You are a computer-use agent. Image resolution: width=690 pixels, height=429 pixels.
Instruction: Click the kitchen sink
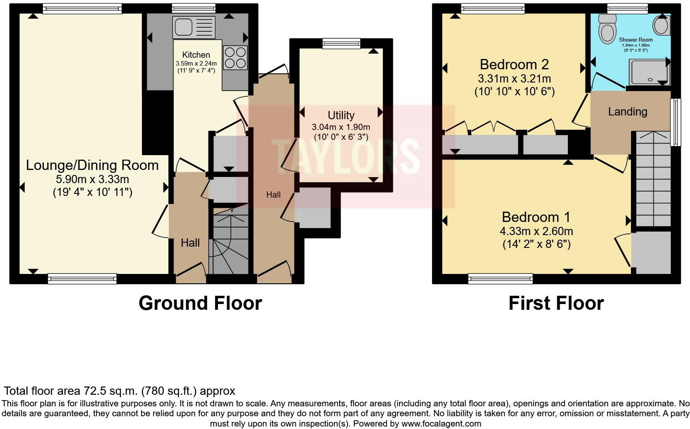coord(194,27)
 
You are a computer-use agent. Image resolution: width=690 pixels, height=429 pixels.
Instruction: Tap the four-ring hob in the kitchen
coord(235,58)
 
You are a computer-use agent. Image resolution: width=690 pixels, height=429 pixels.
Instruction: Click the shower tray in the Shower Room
coord(649,72)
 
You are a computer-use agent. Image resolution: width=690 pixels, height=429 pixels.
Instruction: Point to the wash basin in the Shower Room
coord(661,25)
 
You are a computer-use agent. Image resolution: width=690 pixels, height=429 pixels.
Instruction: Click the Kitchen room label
coord(196,55)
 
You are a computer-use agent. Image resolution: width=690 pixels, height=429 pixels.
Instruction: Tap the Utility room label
coord(341,115)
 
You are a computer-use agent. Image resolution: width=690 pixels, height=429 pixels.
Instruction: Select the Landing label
coord(627,111)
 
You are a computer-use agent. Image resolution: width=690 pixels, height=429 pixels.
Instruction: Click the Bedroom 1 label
coord(536,217)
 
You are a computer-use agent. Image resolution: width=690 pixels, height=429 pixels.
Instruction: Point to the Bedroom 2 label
coord(514,65)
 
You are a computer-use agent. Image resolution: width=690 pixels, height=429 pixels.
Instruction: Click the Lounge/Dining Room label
coord(92,165)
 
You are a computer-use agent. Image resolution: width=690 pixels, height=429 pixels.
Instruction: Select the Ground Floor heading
coord(200,303)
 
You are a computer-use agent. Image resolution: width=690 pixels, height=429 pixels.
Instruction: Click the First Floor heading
coord(556,303)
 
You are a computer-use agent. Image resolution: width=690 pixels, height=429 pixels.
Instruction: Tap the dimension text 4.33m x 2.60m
coord(536,231)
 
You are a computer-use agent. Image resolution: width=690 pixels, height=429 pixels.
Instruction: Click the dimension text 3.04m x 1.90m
coord(341,127)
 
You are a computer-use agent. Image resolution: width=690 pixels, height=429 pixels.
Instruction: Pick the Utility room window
coord(341,43)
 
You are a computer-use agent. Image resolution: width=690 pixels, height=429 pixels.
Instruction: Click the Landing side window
coord(676,122)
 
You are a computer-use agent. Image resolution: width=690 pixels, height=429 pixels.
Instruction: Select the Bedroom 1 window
coord(501,279)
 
